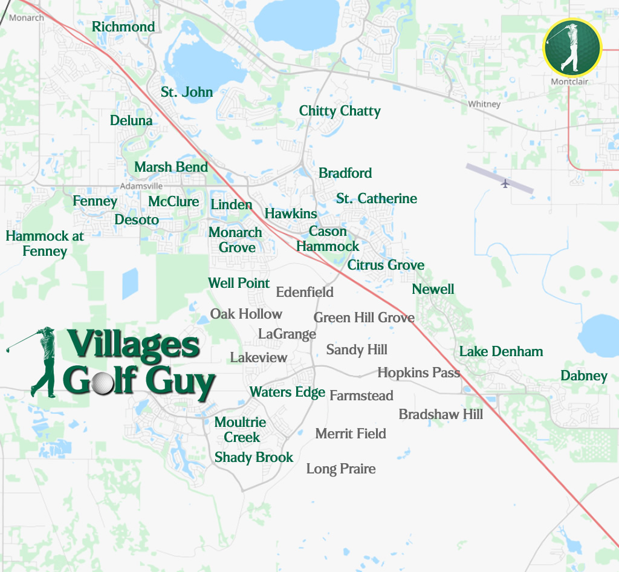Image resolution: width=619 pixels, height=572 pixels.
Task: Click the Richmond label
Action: coord(123,27)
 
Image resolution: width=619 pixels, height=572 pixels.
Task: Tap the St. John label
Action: coord(187,92)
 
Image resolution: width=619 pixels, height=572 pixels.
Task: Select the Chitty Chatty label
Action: coord(340,111)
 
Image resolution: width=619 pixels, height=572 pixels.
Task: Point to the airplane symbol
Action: coord(505,183)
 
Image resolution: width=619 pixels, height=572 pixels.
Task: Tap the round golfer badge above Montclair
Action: coord(572,48)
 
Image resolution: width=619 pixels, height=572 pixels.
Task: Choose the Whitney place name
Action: coord(484,104)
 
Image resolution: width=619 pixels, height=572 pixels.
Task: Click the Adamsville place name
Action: coord(141,186)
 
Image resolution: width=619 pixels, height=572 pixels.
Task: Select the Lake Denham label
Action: coord(501,351)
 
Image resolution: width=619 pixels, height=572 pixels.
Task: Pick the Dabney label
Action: coord(584,375)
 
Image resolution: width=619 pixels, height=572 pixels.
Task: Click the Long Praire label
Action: coord(341,469)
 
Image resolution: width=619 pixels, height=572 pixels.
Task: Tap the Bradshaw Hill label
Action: coord(441,414)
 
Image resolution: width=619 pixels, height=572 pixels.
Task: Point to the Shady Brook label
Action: coord(254,457)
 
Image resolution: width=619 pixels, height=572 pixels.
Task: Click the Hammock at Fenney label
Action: coord(45,243)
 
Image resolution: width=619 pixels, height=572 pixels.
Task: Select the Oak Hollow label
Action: coord(246,314)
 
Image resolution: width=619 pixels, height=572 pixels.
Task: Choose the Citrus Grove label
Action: coord(386,265)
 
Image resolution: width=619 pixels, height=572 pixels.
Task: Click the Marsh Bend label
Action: coord(171,167)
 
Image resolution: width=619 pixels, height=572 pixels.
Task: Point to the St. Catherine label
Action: coord(377,198)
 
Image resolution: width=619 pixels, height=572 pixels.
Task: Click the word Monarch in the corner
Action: coord(27,18)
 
